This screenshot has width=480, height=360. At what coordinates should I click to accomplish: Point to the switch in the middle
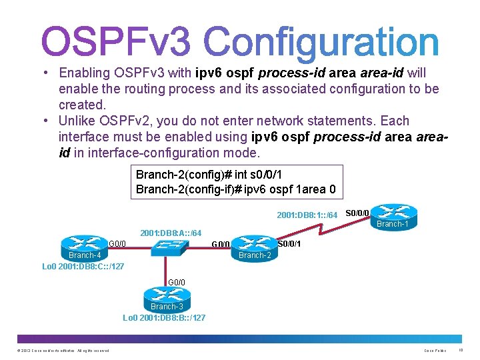pyautogui.click(x=167, y=247)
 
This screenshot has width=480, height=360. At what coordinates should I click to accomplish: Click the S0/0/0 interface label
pyautogui.click(x=357, y=213)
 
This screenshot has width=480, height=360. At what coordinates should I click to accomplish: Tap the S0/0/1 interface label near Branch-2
pyautogui.click(x=289, y=243)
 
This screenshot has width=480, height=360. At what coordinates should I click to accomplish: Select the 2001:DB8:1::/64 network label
pyautogui.click(x=307, y=215)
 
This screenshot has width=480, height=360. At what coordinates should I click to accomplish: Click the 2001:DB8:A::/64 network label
pyautogui.click(x=171, y=233)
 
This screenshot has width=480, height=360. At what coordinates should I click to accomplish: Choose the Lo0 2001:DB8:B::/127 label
pyautogui.click(x=164, y=318)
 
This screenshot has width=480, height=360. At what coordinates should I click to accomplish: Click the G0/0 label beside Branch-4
pyautogui.click(x=118, y=243)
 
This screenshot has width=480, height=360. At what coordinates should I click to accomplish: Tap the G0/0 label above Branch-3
pyautogui.click(x=177, y=282)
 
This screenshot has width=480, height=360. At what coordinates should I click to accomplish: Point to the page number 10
pyautogui.click(x=461, y=350)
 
